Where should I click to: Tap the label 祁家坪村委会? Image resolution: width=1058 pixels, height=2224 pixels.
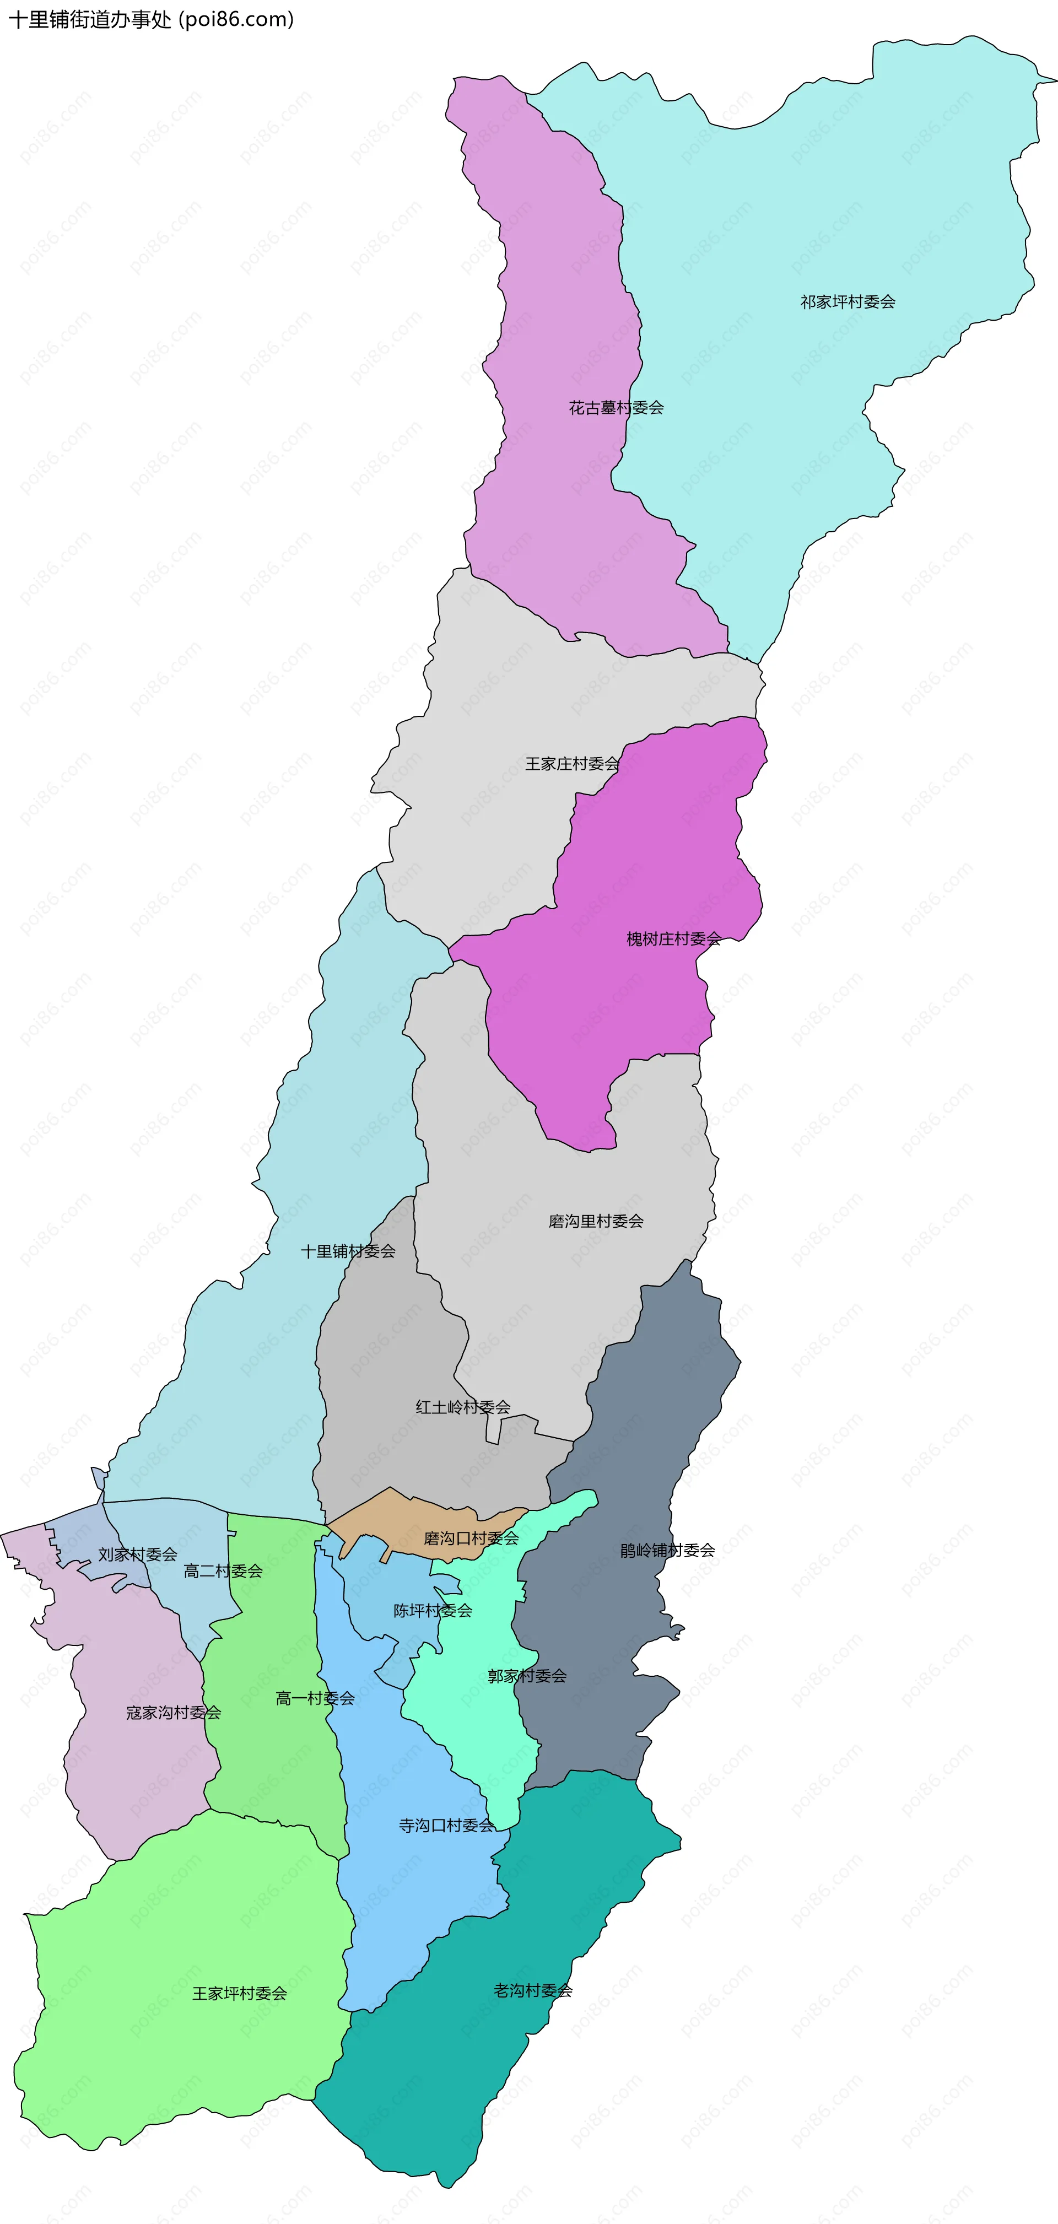[848, 302]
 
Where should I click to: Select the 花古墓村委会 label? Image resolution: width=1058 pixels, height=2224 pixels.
[616, 408]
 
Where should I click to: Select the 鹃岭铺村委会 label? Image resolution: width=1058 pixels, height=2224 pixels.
[668, 1551]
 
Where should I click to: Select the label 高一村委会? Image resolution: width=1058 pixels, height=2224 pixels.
[315, 1699]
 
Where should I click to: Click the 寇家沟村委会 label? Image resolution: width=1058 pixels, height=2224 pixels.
[174, 1713]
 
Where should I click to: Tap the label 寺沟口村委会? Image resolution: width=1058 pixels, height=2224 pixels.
[446, 1826]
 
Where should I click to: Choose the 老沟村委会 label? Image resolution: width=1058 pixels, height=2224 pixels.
[533, 1991]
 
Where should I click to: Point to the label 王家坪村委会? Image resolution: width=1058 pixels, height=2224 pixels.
[239, 1994]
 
